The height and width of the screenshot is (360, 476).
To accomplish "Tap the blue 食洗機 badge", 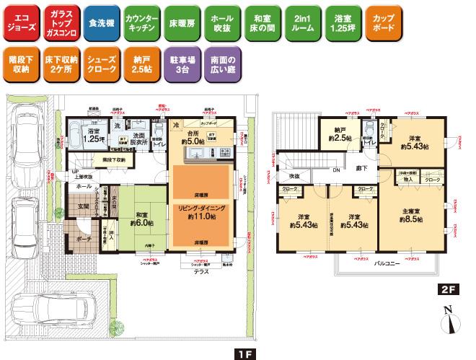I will pyautogui.click(x=97, y=23).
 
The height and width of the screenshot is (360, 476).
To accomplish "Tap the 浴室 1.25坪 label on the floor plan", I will pyautogui.click(x=94, y=136).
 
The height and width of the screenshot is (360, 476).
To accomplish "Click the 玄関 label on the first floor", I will pyautogui.click(x=74, y=207).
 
